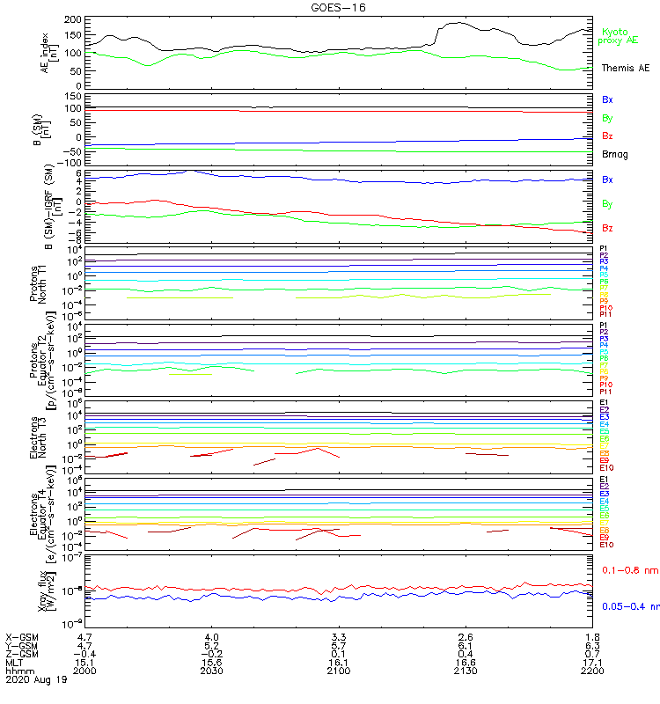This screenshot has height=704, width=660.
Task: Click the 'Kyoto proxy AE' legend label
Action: pyautogui.click(x=618, y=36)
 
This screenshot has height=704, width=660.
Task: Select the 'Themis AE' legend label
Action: pyautogui.click(x=626, y=68)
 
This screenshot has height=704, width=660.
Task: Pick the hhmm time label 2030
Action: pyautogui.click(x=211, y=670)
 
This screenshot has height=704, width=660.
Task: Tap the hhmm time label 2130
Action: pyautogui.click(x=466, y=670)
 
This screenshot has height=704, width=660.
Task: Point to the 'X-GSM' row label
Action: pyautogui.click(x=23, y=636)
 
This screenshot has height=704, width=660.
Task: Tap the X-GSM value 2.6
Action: pyautogui.click(x=466, y=636)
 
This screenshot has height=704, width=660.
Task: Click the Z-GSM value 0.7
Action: pyautogui.click(x=592, y=653)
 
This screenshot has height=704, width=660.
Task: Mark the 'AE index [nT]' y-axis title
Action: pyautogui.click(x=50, y=50)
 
